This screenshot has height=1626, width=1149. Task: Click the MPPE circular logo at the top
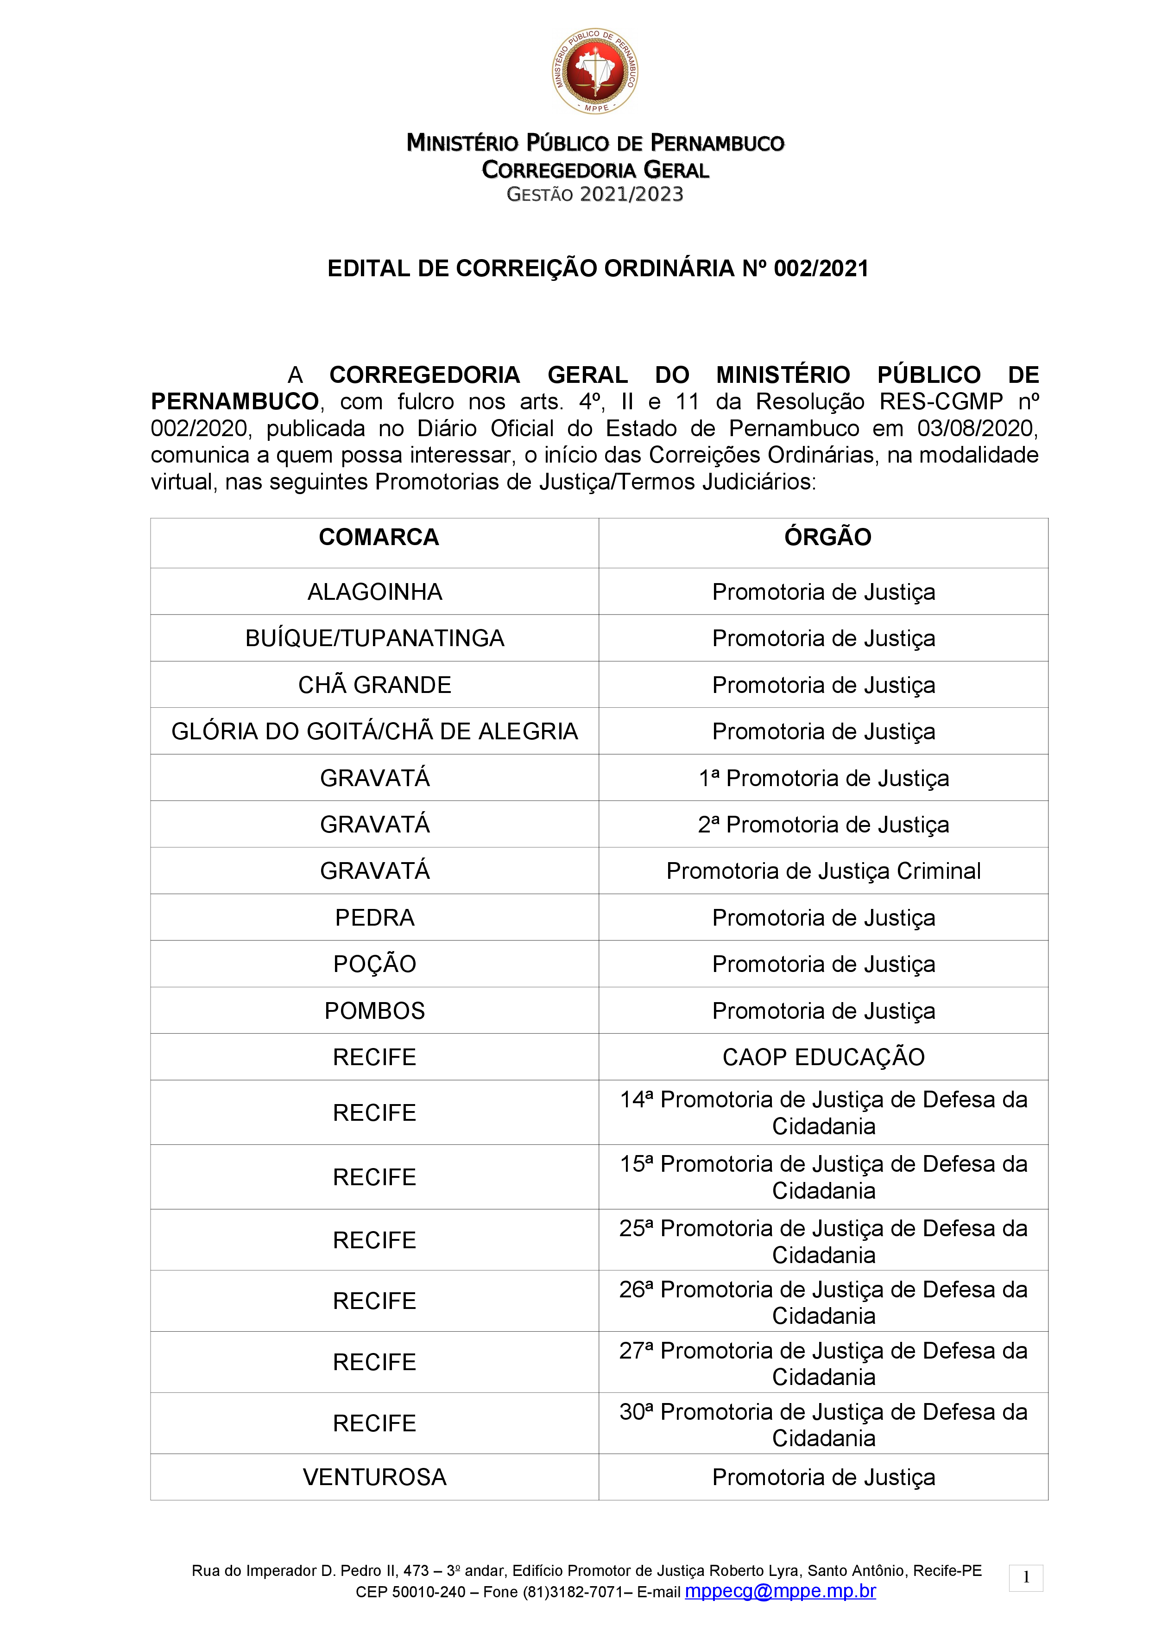pyautogui.click(x=595, y=71)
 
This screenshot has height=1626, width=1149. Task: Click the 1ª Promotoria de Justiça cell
pyautogui.click(x=823, y=778)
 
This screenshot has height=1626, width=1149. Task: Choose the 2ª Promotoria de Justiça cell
pyautogui.click(x=823, y=824)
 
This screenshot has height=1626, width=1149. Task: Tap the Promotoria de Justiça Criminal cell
pyautogui.click(x=823, y=871)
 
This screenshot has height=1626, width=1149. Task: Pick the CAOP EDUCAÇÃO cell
pyautogui.click(x=823, y=1057)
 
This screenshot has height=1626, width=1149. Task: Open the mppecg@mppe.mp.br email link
pyautogui.click(x=780, y=1591)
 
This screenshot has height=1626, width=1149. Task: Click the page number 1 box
pyautogui.click(x=1026, y=1578)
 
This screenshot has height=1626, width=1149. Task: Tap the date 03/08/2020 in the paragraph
pyautogui.click(x=977, y=428)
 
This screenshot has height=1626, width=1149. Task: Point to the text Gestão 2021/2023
pyautogui.click(x=595, y=194)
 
